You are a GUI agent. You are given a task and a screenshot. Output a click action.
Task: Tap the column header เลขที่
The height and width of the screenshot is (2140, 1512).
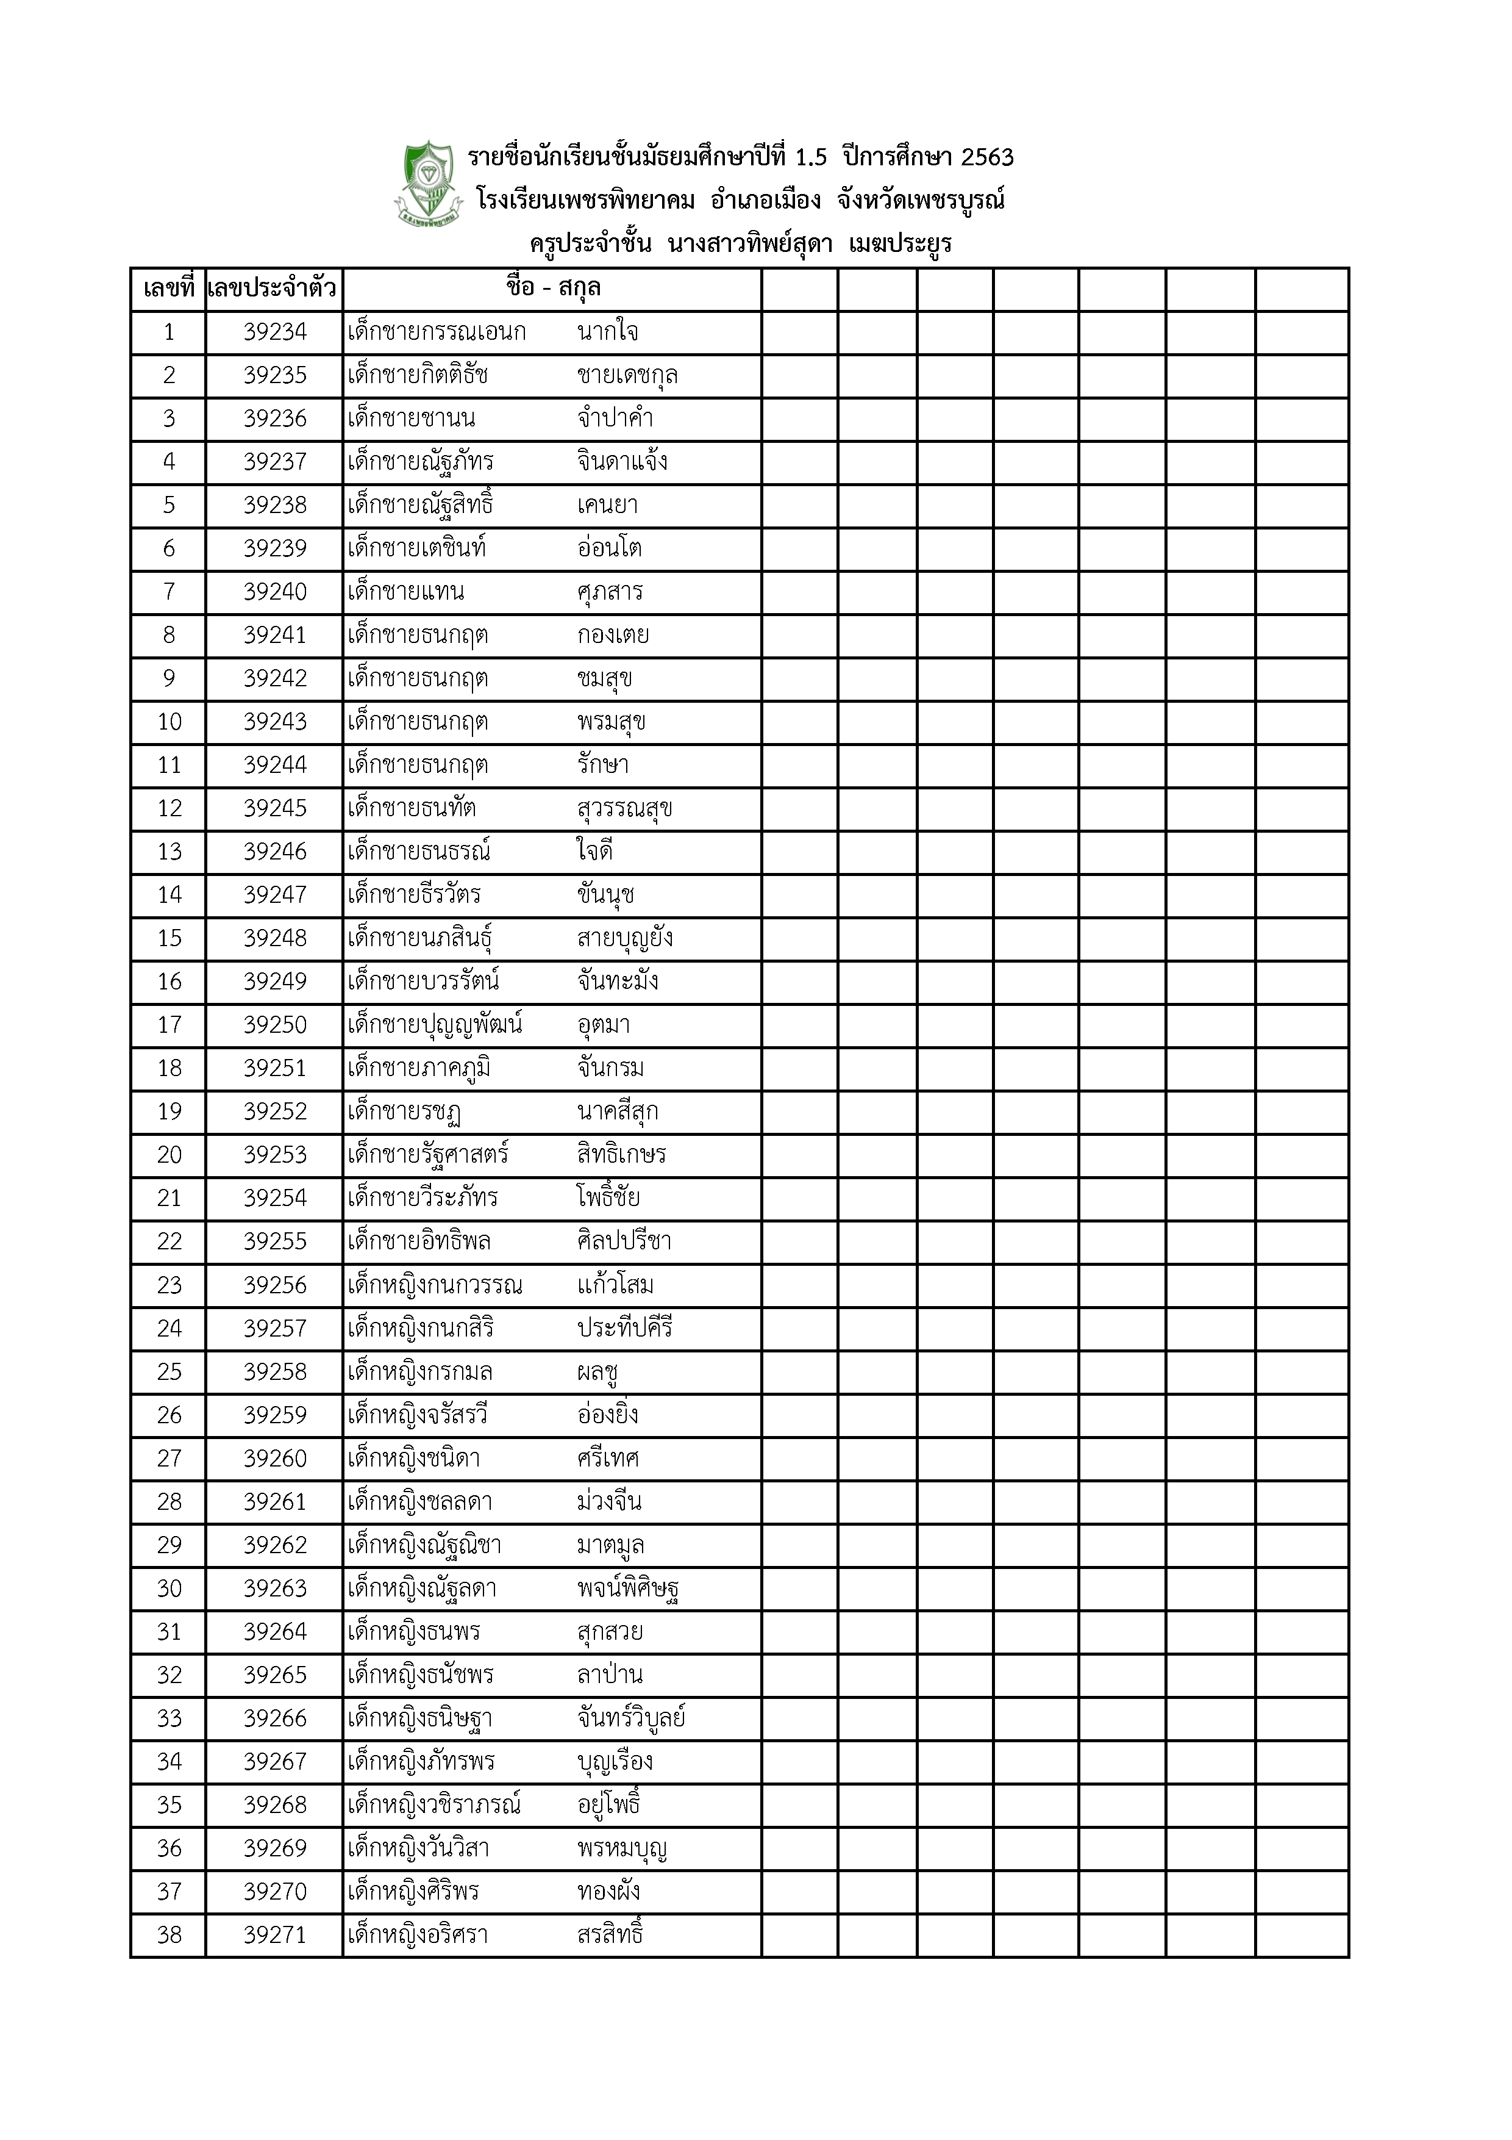(169, 289)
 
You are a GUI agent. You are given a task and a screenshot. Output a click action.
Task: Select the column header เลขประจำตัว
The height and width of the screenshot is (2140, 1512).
(273, 289)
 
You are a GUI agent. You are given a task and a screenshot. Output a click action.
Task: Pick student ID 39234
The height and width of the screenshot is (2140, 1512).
(275, 332)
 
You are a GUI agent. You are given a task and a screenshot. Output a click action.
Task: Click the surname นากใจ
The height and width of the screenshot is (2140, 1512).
(607, 332)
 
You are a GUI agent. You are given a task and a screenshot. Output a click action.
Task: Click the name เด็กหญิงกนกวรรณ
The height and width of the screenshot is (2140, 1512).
(435, 1286)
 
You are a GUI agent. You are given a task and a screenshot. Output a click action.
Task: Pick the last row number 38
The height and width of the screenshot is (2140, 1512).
(169, 1936)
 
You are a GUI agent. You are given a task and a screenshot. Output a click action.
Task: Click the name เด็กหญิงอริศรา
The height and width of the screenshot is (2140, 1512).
(418, 1936)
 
